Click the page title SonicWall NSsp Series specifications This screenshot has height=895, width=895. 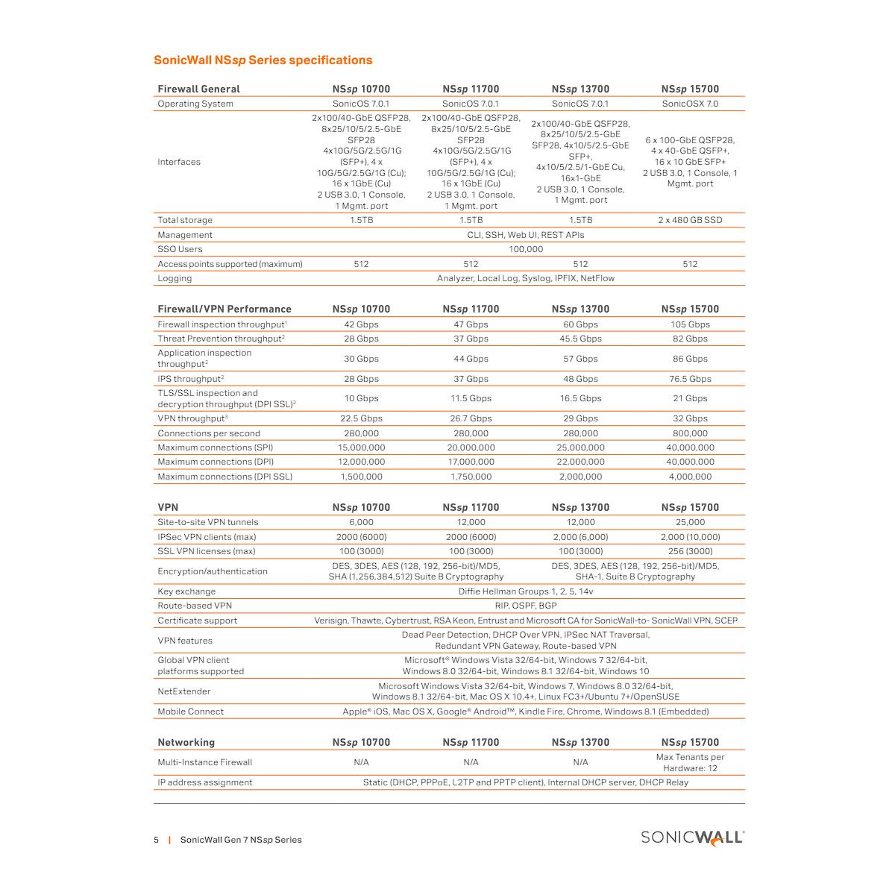pos(263,60)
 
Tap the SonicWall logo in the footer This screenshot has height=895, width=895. pos(692,838)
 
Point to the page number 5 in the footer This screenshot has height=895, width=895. pos(157,840)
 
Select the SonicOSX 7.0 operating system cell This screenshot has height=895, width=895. pos(690,104)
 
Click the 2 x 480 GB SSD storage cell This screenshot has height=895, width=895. pos(690,220)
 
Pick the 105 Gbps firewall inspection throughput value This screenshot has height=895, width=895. pos(690,324)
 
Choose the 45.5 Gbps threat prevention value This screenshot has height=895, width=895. pos(580,339)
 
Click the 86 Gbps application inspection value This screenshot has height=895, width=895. pos(690,359)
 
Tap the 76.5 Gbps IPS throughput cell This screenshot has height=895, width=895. pos(690,379)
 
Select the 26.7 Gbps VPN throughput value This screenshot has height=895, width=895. pos(471,418)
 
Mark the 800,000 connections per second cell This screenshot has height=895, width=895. pos(690,433)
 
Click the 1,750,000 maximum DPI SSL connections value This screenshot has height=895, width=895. pos(471,477)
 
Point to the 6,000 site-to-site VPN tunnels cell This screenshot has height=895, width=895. pos(361,522)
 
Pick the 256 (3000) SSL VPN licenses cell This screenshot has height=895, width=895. pos(690,551)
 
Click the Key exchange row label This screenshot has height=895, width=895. pos(186,591)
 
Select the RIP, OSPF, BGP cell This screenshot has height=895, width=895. pos(525,606)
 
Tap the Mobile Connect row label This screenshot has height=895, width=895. pos(190,712)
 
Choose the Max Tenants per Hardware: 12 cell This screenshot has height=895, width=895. pos(690,762)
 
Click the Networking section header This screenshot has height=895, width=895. pos(186,742)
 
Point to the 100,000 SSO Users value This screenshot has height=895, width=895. pos(525,249)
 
